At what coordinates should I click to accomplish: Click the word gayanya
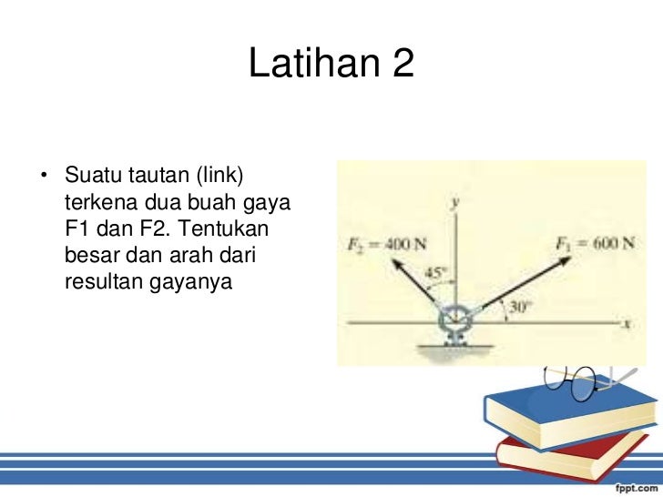click(x=194, y=283)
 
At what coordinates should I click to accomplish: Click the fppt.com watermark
click(x=627, y=483)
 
